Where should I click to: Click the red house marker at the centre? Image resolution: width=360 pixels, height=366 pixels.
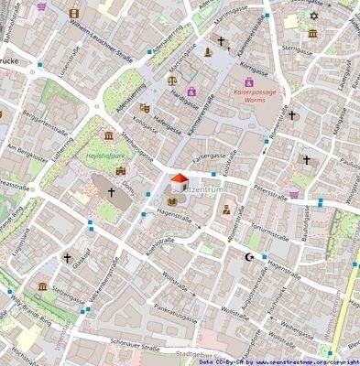[180, 178]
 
